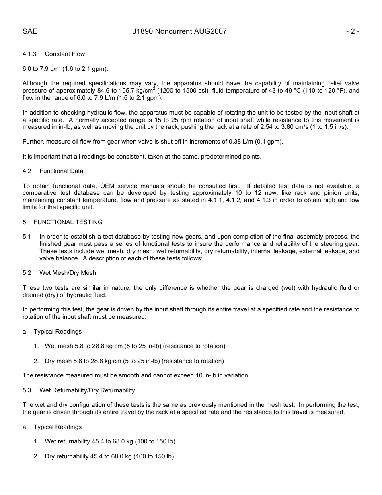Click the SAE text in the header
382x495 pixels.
tap(30, 31)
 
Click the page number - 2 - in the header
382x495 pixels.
tap(353, 31)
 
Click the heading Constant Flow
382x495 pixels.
tap(65, 54)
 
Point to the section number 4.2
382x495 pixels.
tap(27, 171)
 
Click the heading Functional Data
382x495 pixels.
tap(61, 171)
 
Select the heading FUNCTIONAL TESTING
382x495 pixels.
tap(68, 222)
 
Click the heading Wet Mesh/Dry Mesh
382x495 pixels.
tap(68, 273)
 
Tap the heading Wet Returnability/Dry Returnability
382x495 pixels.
tap(87, 390)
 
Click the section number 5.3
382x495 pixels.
tap(27, 390)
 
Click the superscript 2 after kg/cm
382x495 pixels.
tap(154, 89)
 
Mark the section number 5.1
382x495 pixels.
tap(27, 237)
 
